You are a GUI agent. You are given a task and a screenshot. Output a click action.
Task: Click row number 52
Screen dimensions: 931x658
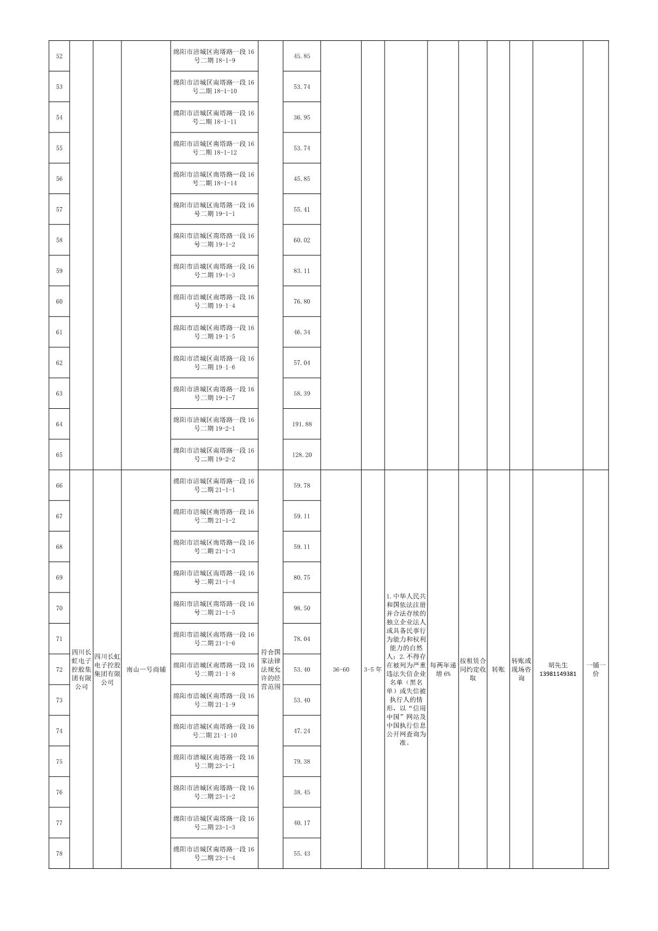(59, 56)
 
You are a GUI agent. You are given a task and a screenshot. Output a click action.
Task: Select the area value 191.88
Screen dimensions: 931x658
(302, 424)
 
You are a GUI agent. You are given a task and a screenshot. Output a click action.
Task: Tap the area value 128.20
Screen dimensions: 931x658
(302, 455)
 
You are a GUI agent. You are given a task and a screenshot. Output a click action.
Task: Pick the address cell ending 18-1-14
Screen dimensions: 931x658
(214, 179)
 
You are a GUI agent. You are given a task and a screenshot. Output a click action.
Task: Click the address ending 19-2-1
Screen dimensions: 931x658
(214, 424)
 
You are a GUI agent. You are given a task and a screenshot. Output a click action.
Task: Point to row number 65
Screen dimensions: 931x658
(59, 455)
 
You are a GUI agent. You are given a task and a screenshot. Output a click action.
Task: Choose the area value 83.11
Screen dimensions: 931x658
(302, 271)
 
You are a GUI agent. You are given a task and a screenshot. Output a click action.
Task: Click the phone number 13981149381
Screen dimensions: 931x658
(557, 674)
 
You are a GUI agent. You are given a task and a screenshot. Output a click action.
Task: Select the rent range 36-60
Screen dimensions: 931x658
(341, 669)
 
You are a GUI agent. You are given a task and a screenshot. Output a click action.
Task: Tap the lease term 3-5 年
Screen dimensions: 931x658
(373, 669)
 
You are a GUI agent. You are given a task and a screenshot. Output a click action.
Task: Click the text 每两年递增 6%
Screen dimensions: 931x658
(443, 669)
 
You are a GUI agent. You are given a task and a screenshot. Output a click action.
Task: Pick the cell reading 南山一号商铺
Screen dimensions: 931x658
(146, 669)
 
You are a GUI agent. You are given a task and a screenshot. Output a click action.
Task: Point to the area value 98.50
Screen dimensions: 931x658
(302, 608)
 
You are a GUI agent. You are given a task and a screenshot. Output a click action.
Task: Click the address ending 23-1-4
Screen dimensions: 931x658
(214, 854)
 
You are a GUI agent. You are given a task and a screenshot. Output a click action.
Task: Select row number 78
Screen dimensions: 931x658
(59, 854)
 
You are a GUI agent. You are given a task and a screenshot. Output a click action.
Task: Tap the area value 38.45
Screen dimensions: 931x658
(302, 792)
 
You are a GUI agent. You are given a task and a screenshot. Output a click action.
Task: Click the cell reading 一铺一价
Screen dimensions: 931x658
(595, 669)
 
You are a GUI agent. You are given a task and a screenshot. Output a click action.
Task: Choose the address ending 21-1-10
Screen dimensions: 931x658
(214, 731)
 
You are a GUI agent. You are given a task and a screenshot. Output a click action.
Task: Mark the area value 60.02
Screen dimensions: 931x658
(302, 240)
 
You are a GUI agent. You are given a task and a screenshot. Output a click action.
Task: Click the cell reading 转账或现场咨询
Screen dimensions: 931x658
(521, 669)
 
